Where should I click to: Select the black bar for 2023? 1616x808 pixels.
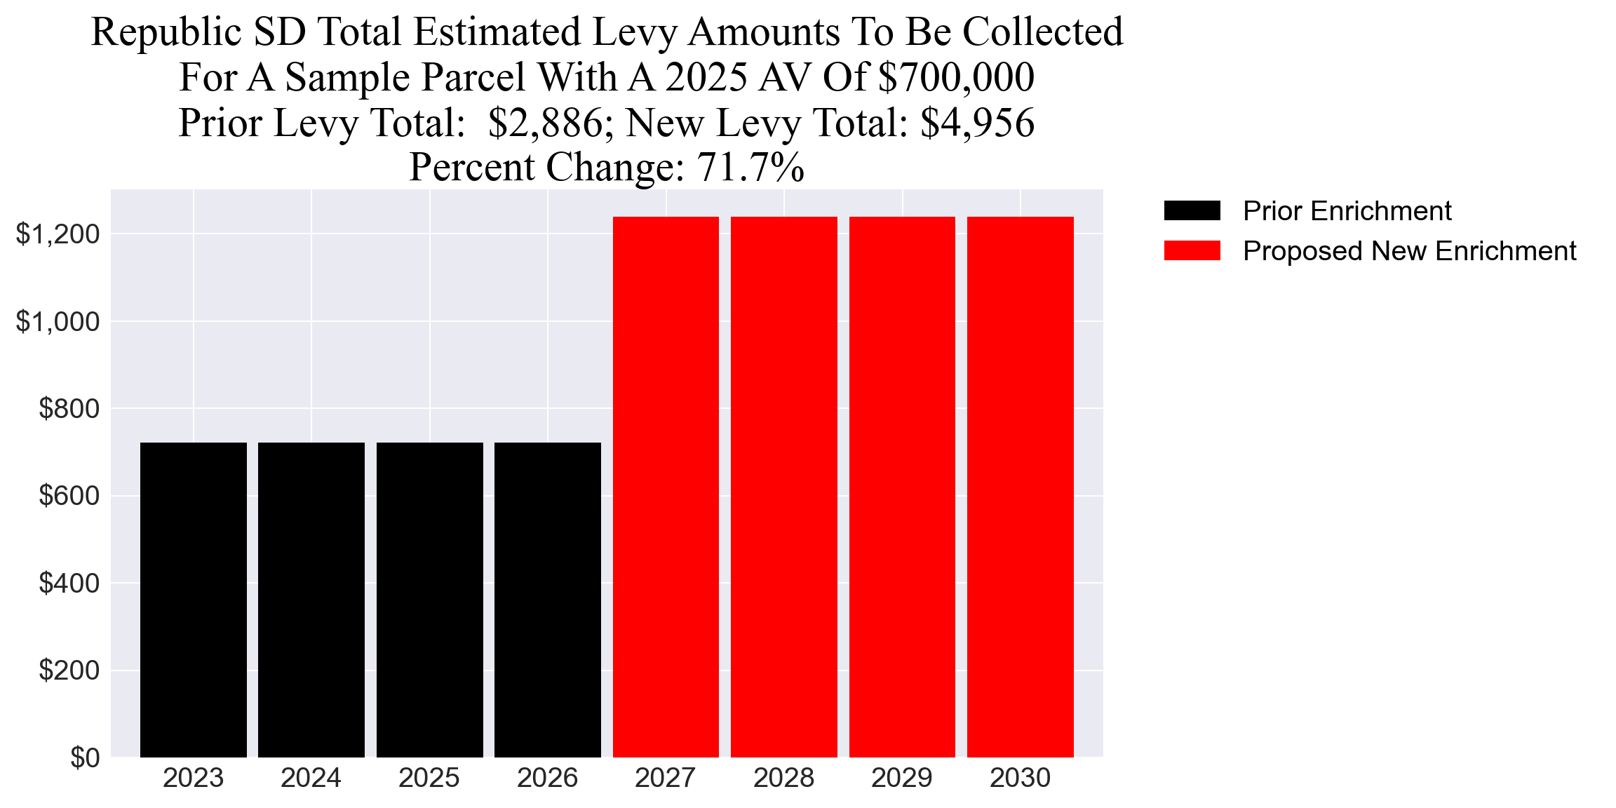coord(194,600)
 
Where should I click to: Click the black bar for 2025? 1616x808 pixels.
coord(429,600)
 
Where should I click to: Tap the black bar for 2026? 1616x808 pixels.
coord(548,600)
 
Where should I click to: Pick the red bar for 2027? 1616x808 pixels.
coord(666,487)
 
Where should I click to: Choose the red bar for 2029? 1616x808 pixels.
coord(902,487)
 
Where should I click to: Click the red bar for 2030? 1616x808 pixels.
coord(1020,487)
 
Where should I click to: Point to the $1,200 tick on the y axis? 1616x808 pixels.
coord(58,234)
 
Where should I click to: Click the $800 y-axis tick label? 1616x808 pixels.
coord(69,409)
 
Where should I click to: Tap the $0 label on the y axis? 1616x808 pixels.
coord(85,758)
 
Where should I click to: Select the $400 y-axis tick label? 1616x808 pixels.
coord(69,584)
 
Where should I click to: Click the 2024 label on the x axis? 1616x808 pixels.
coord(311,779)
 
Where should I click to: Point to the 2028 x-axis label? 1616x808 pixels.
coord(783,779)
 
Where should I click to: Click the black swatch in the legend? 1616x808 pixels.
coord(1192,211)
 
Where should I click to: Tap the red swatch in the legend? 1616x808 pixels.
coord(1192,251)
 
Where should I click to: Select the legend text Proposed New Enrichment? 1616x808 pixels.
coord(1409,251)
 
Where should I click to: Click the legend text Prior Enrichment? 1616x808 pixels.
coord(1347,211)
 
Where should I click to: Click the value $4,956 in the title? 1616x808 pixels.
coord(977,123)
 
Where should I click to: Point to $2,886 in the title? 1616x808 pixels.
coord(545,123)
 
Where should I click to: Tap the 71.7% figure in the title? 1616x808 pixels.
coord(750,168)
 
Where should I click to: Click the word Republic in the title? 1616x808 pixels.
coord(167,32)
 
